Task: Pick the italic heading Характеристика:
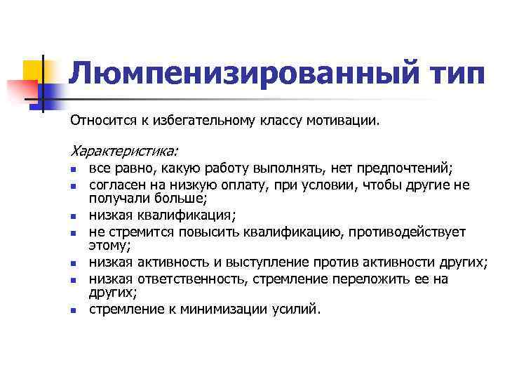click(x=124, y=151)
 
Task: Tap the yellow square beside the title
click(x=33, y=71)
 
